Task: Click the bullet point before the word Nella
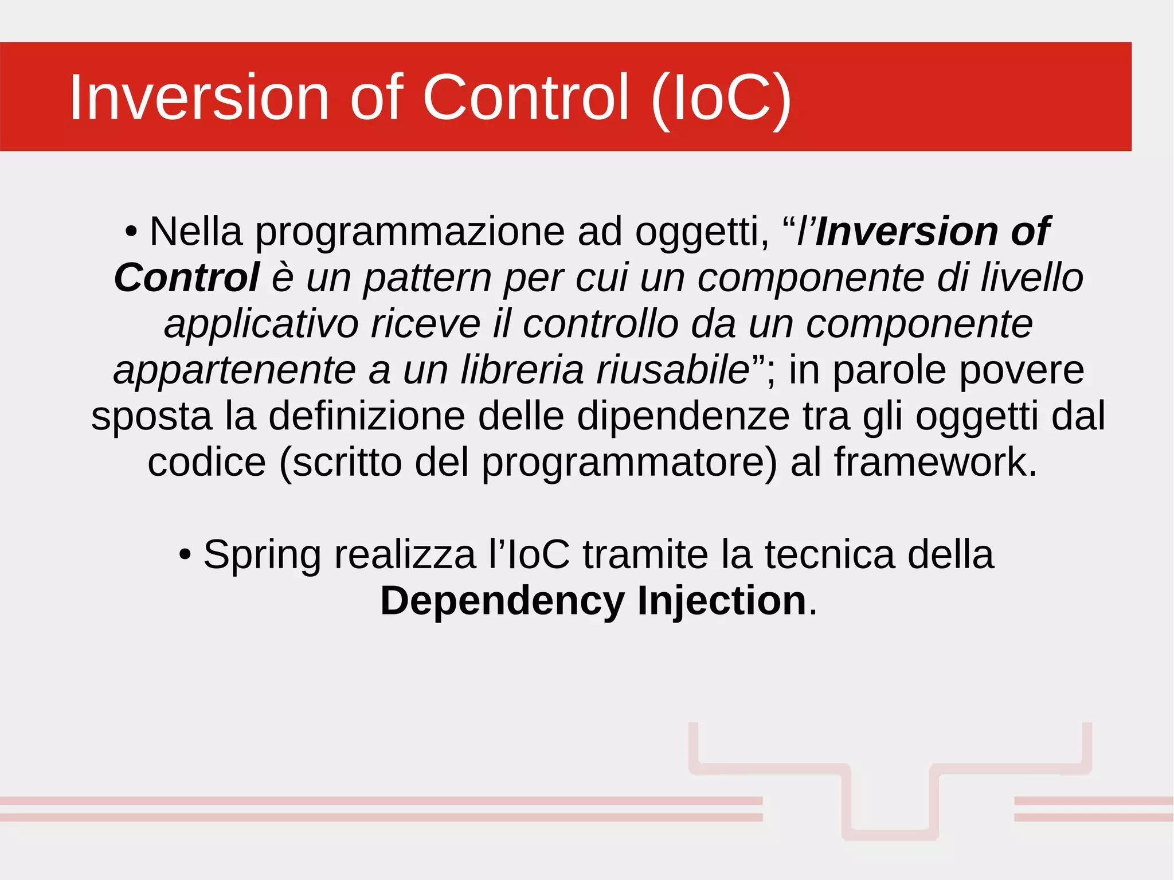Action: (x=131, y=232)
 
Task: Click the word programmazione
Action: (x=410, y=232)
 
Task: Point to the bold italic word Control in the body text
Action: (x=186, y=277)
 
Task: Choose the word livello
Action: (x=1031, y=277)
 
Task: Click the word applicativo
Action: (x=261, y=324)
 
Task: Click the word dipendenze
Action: (x=683, y=416)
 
